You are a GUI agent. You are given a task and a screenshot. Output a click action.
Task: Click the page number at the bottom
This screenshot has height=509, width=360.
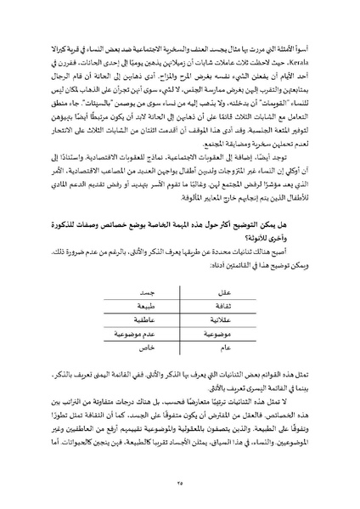(180, 482)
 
